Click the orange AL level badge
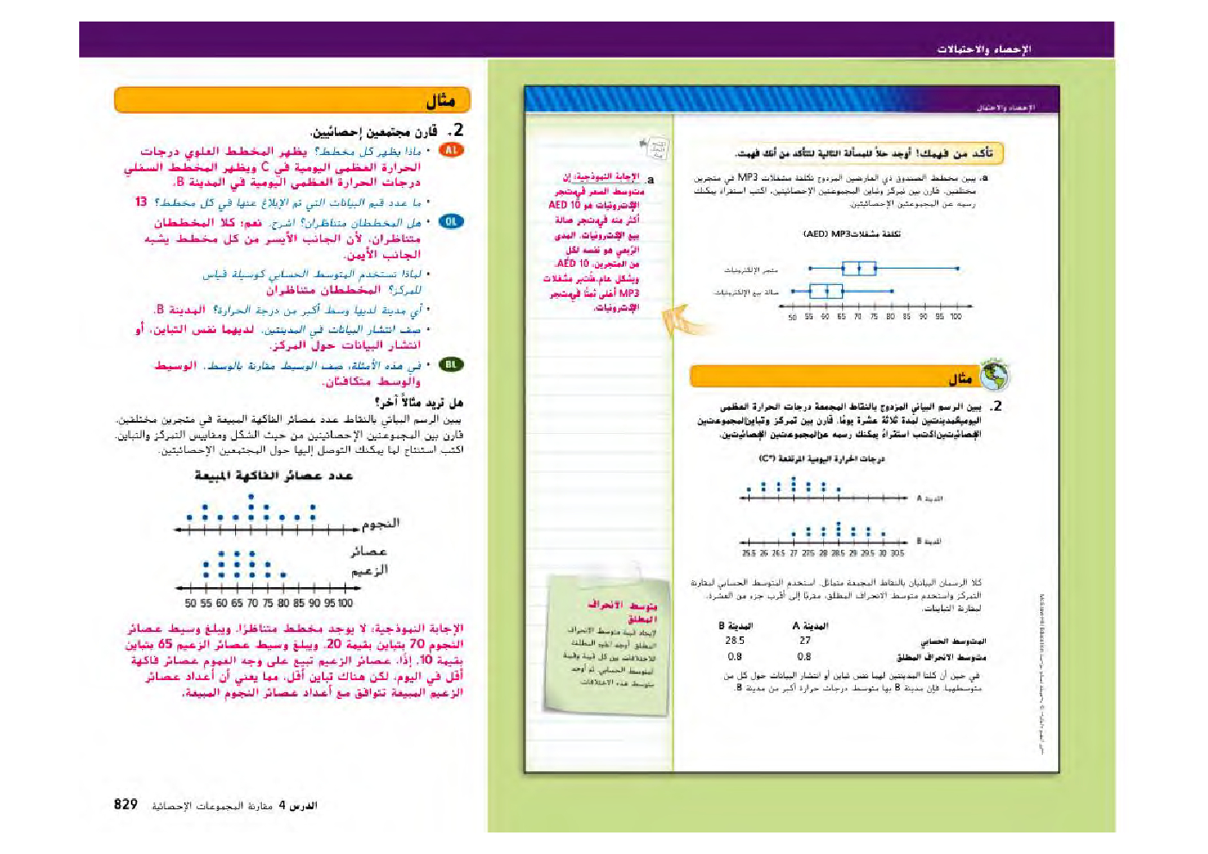pyautogui.click(x=450, y=150)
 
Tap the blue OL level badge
pyautogui.click(x=450, y=221)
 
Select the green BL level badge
pyautogui.click(x=450, y=364)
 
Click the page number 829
pyautogui.click(x=126, y=804)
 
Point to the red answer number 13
pyautogui.click(x=141, y=201)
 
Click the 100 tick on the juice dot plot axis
pyautogui.click(x=345, y=603)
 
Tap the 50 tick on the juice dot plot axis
pyautogui.click(x=190, y=603)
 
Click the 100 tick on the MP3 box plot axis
pyautogui.click(x=956, y=317)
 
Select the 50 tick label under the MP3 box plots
pyautogui.click(x=792, y=317)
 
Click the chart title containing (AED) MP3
pyautogui.click(x=852, y=233)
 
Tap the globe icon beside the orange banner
pyautogui.click(x=994, y=374)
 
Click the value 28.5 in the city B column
pyautogui.click(x=734, y=640)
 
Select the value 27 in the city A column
pyautogui.click(x=805, y=640)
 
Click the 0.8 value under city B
pyautogui.click(x=734, y=656)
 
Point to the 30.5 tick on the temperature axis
pyautogui.click(x=897, y=554)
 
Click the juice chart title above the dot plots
pyautogui.click(x=273, y=475)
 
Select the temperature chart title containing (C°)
pyautogui.click(x=821, y=459)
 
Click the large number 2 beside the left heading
pyautogui.click(x=458, y=130)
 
